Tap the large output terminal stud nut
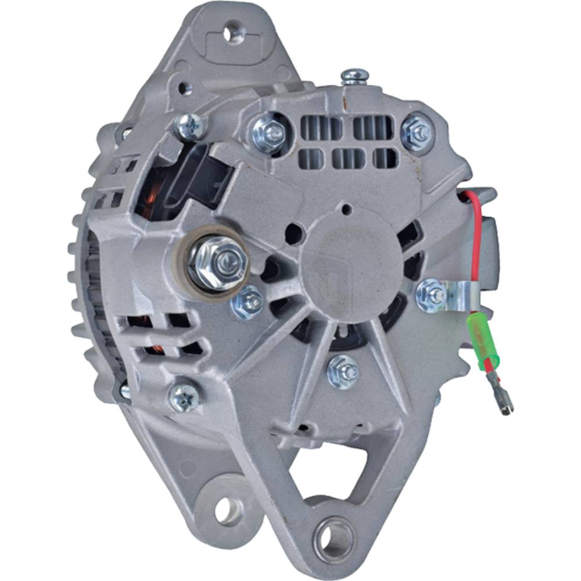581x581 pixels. point(216,264)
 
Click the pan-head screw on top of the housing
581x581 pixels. point(355,76)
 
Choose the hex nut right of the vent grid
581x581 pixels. point(418,132)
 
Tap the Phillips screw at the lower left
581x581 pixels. point(184,398)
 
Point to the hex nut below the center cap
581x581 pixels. point(343,371)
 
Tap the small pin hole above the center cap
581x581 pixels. point(346,209)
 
